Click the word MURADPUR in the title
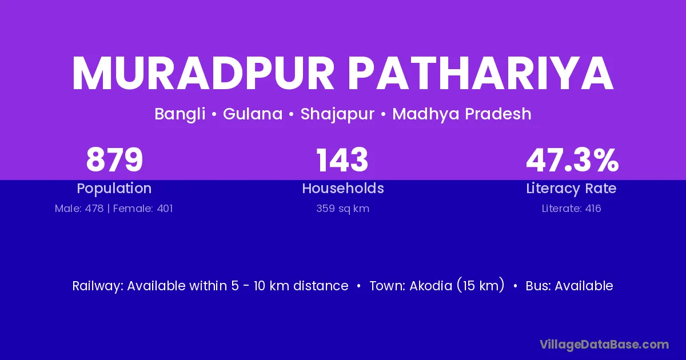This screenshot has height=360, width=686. (203, 73)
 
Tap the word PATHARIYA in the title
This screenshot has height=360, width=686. (481, 73)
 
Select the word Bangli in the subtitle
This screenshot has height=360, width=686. (180, 114)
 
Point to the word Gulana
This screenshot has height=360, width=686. (253, 114)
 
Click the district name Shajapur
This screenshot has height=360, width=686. (337, 114)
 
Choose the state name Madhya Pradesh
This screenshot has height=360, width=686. (462, 114)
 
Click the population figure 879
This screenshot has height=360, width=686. (114, 160)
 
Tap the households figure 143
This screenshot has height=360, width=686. (342, 160)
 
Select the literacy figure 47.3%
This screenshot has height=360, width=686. (572, 160)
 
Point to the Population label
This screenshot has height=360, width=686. (114, 189)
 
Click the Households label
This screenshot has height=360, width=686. (343, 188)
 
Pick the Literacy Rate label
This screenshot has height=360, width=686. (572, 189)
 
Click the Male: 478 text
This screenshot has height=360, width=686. (79, 209)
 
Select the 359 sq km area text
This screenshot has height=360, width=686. (343, 209)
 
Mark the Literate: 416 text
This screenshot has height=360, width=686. (572, 209)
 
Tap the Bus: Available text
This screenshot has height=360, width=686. (569, 286)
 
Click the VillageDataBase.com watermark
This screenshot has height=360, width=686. (604, 345)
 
